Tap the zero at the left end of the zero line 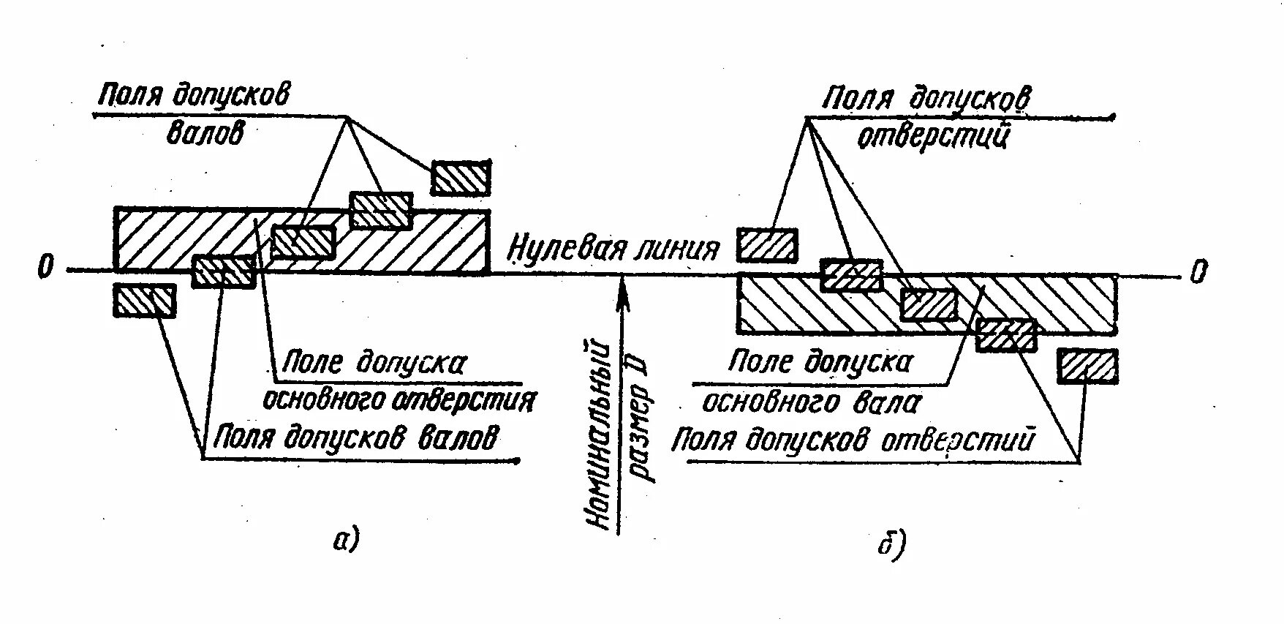pos(45,269)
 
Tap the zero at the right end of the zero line pos(1198,272)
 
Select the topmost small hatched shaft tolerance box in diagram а pos(461,178)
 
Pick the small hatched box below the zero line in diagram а pos(145,301)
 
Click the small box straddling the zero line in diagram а pos(224,271)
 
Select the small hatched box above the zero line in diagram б pos(767,245)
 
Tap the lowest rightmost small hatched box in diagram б pos(1088,366)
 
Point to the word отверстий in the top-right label pos(932,136)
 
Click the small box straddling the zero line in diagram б pos(852,275)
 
